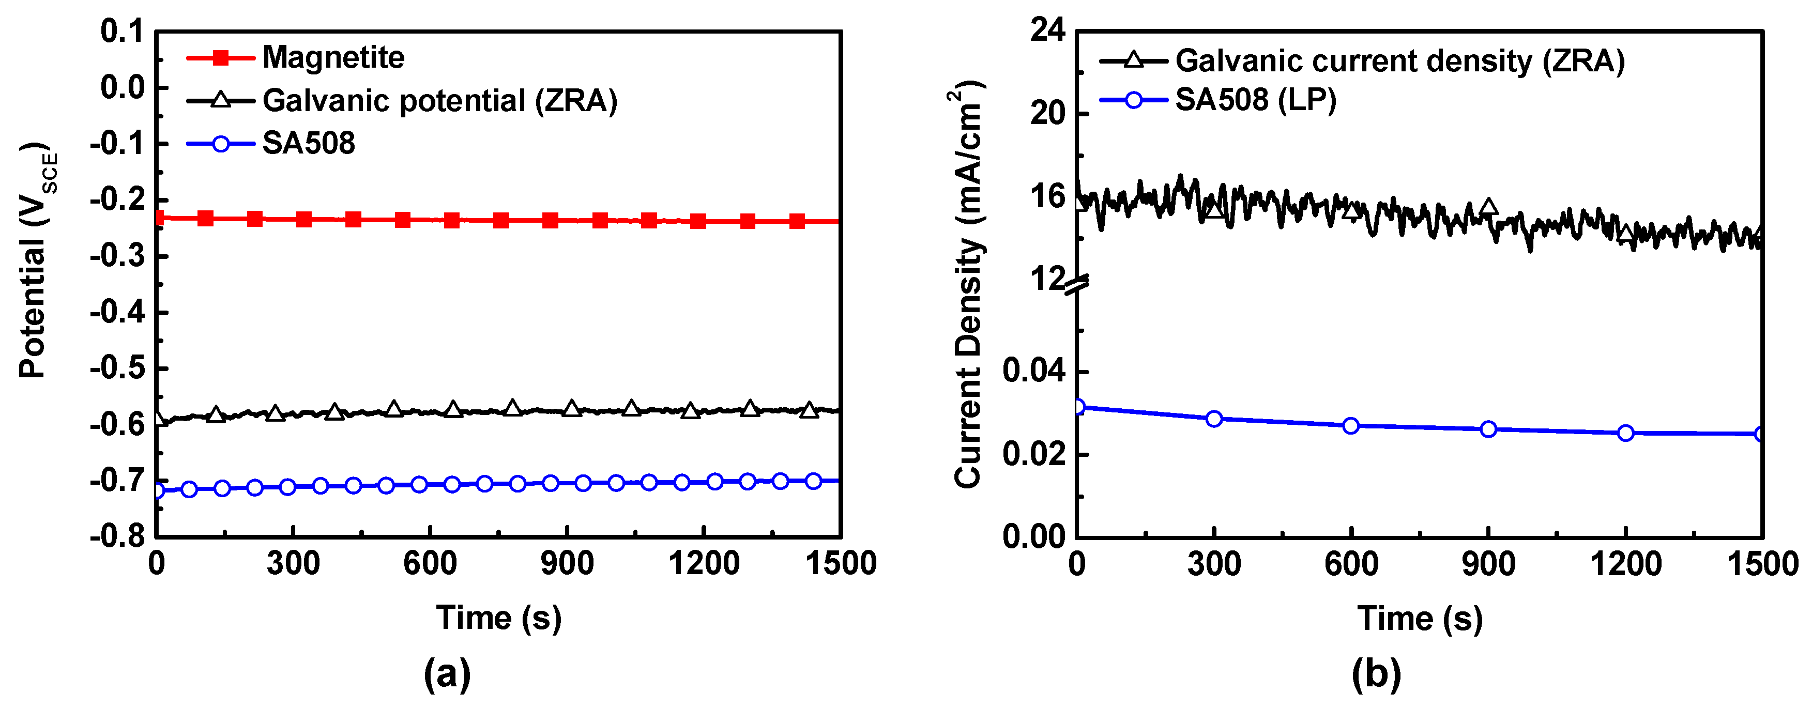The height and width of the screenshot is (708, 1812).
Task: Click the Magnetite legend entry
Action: [x=333, y=58]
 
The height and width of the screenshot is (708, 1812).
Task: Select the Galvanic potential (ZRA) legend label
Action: [x=439, y=101]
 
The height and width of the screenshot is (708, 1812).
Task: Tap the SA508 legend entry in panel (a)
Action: [x=308, y=144]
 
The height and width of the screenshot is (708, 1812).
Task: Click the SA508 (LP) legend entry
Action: [x=1255, y=100]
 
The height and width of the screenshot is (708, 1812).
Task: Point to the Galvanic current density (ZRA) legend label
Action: [x=1400, y=61]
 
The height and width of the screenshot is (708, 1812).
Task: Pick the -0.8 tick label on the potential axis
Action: [x=117, y=536]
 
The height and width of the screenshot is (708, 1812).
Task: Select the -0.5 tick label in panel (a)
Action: [x=117, y=368]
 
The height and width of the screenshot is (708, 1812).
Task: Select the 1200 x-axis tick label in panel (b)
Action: [x=1625, y=564]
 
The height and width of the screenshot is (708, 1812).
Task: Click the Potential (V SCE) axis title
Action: [x=35, y=260]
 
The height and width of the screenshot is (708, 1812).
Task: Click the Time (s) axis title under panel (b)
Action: [x=1420, y=619]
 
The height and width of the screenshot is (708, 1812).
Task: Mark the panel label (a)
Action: [x=447, y=673]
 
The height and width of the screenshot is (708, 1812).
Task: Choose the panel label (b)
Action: [x=1376, y=673]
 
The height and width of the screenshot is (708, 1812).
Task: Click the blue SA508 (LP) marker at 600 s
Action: [x=1350, y=425]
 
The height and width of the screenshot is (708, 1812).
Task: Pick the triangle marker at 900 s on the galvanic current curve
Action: [x=1488, y=207]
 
